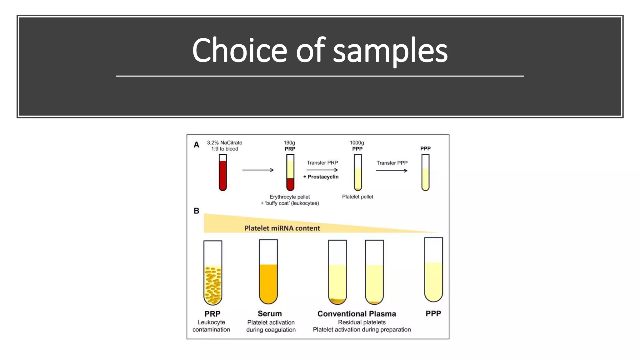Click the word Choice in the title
[239, 51]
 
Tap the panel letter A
[196, 145]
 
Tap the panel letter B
[196, 211]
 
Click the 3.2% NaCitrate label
[224, 143]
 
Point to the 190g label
[289, 143]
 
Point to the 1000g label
[357, 143]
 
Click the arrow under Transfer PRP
[322, 170]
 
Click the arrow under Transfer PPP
[392, 171]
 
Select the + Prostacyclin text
[321, 177]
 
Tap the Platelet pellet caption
[357, 197]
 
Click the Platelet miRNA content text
[282, 228]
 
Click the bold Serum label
[270, 314]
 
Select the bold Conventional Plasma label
[357, 314]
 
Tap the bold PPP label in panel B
[433, 314]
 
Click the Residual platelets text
[362, 322]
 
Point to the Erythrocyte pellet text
[290, 197]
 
